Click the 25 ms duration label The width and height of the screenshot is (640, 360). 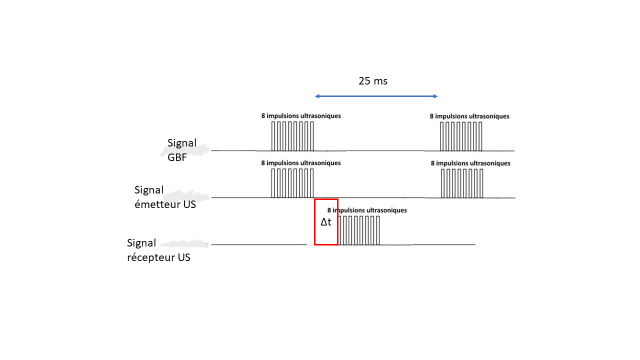tap(373, 81)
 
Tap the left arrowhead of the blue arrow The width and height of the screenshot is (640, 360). tap(317, 96)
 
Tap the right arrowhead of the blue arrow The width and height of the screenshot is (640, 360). tap(435, 96)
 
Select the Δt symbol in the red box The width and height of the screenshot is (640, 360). tap(326, 222)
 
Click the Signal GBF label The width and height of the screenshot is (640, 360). tap(182, 149)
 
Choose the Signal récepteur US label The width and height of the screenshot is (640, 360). tap(158, 250)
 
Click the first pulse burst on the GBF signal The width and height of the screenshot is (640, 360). tap(292, 136)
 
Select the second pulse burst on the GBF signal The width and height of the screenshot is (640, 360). tap(461, 136)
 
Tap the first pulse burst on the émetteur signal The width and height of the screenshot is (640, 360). tap(292, 183)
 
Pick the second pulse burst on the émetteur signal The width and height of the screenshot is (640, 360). tap(462, 183)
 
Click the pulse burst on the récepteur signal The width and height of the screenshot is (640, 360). tap(359, 230)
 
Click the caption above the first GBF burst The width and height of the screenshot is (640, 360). tap(301, 115)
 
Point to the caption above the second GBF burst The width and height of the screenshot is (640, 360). tap(469, 116)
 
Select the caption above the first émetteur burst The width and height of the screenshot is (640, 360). tap(301, 163)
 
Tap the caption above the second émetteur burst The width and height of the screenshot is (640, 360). tap(470, 163)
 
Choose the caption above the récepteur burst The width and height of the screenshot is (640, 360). tap(367, 210)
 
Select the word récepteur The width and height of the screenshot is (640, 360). tap(148, 258)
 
